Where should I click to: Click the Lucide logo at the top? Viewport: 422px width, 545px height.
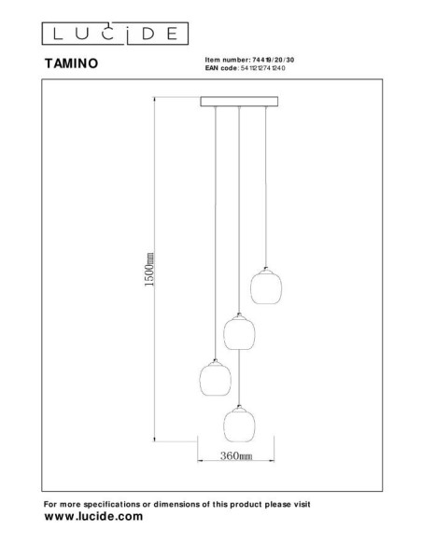tap(112, 34)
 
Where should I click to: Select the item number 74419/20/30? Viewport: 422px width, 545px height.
tap(269, 59)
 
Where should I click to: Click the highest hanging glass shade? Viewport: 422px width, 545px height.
tap(265, 286)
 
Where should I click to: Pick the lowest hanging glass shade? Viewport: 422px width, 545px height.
tap(239, 426)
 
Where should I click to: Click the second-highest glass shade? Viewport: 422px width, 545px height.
tap(239, 331)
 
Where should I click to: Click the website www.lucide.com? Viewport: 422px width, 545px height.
tap(93, 516)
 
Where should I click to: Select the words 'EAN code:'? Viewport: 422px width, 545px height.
tap(221, 67)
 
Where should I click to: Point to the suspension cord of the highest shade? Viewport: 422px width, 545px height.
tap(266, 187)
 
